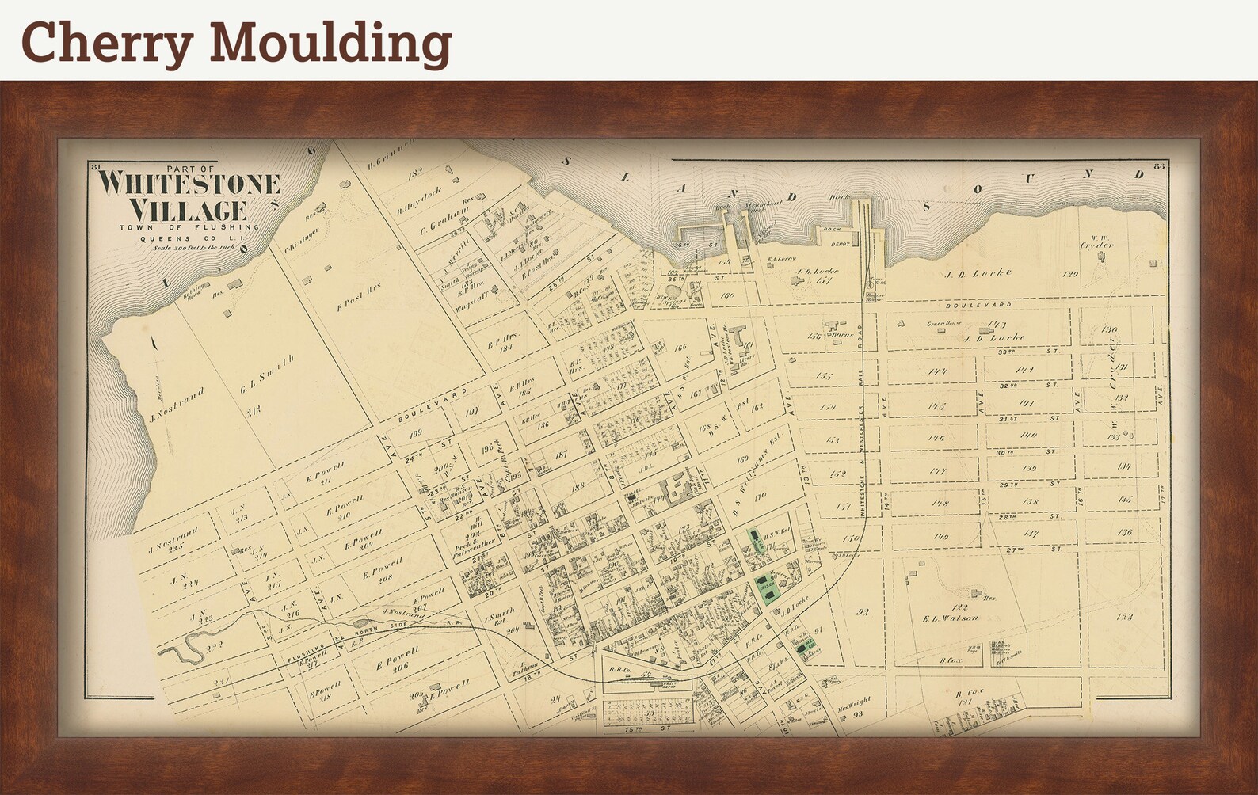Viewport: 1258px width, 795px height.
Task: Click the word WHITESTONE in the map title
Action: [189, 184]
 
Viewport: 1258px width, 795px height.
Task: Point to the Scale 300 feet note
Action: [189, 246]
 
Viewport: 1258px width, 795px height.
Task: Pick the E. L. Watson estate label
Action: [951, 618]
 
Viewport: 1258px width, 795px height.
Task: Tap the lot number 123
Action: [1123, 616]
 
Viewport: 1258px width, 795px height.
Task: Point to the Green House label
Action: [943, 324]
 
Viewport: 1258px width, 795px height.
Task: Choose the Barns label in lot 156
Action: [841, 335]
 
